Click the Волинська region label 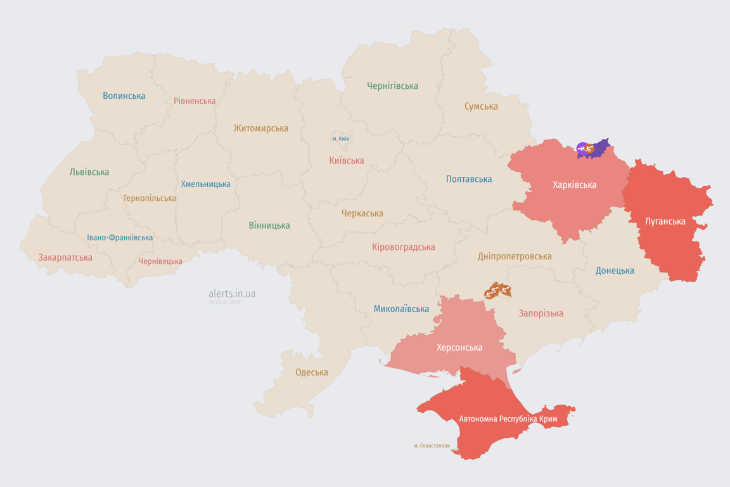[124, 96]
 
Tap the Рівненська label [195, 101]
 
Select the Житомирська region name [260, 128]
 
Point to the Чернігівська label [392, 86]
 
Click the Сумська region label [481, 107]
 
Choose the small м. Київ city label [340, 138]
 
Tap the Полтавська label [469, 179]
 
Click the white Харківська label [574, 185]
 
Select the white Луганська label [665, 221]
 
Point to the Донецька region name [615, 271]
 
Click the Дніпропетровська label [515, 256]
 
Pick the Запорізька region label [541, 313]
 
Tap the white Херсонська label [459, 347]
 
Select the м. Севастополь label [432, 445]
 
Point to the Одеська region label [312, 372]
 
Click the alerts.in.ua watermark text [232, 294]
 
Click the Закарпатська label [65, 257]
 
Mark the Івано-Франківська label [120, 238]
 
